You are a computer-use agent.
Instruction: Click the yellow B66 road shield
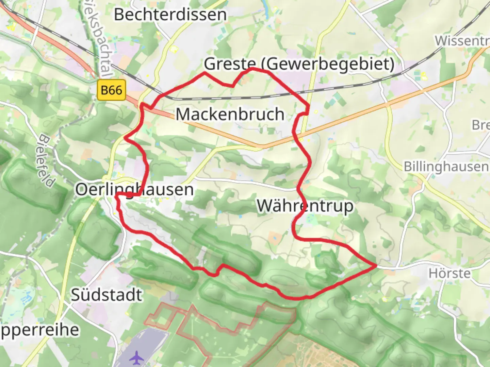click(x=112, y=90)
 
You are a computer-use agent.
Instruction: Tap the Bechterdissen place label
click(x=170, y=14)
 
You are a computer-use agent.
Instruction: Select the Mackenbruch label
click(x=230, y=114)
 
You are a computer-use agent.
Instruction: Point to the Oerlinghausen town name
click(x=134, y=189)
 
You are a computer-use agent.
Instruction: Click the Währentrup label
click(x=305, y=206)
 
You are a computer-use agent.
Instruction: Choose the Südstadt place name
click(x=106, y=295)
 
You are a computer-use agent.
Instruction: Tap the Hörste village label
click(x=450, y=273)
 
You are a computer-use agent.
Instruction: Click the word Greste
click(x=230, y=64)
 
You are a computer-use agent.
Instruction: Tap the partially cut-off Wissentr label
click(x=462, y=41)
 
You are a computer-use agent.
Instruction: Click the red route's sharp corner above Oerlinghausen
click(x=126, y=138)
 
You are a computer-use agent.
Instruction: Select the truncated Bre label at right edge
click(x=480, y=125)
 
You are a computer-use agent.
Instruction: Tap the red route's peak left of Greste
click(x=205, y=73)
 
